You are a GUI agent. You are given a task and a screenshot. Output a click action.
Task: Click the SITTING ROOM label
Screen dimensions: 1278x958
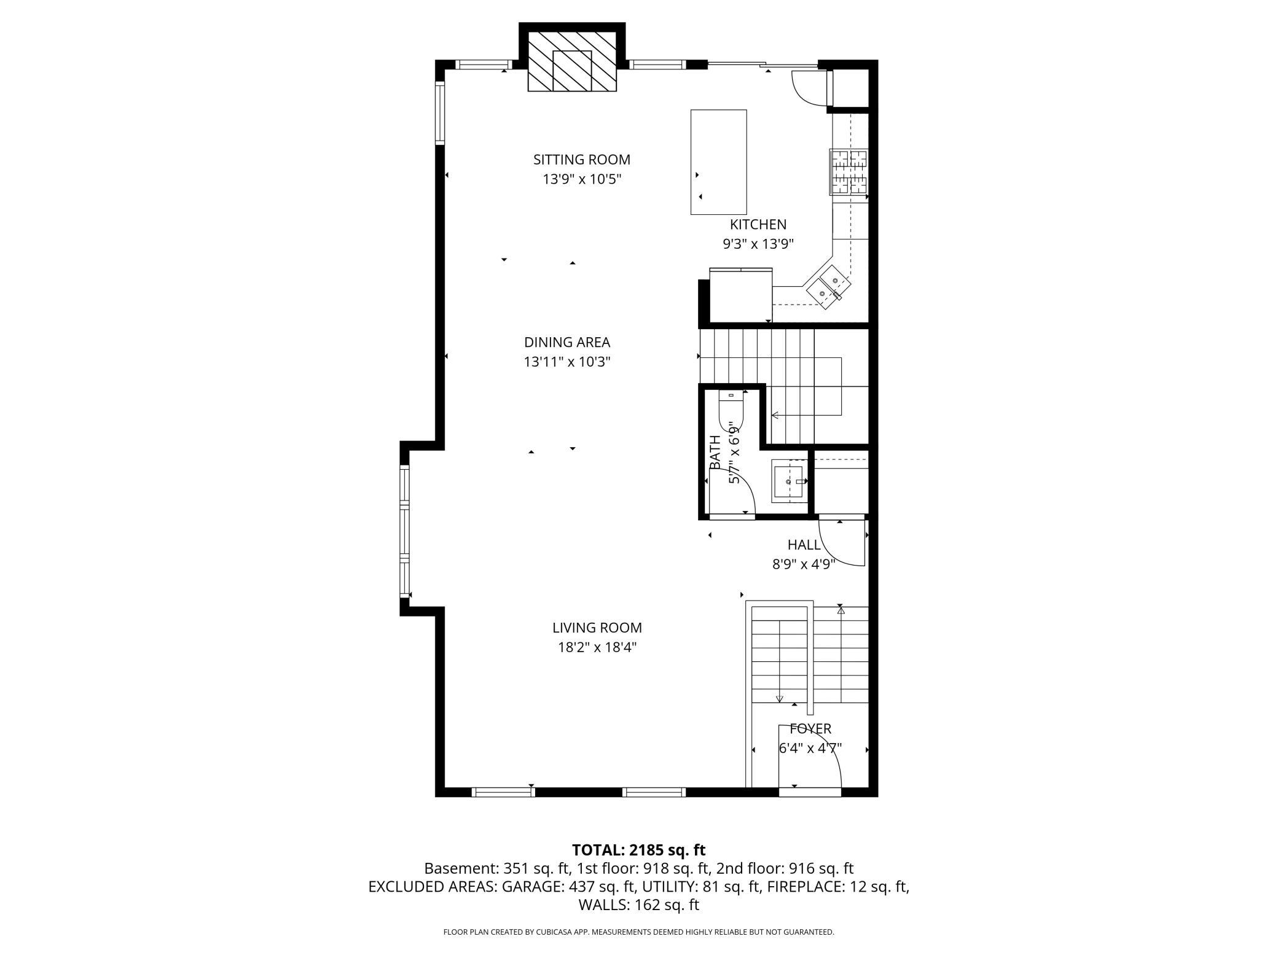581,160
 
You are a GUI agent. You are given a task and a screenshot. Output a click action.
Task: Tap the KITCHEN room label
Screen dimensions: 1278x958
758,225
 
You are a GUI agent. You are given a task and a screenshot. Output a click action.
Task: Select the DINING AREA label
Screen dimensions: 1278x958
566,343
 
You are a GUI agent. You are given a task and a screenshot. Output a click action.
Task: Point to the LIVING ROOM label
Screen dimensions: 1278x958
597,628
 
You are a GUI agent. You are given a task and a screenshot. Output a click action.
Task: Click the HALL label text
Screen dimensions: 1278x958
804,545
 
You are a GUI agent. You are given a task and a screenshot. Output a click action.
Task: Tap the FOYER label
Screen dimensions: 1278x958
810,729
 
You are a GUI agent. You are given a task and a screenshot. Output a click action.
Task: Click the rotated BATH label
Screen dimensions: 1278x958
715,452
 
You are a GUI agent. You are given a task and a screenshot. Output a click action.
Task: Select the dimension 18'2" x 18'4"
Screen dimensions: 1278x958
597,647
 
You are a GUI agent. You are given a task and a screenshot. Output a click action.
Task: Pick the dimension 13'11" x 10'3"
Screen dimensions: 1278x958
566,362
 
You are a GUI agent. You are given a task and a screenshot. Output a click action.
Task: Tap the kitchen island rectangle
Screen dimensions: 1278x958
718,162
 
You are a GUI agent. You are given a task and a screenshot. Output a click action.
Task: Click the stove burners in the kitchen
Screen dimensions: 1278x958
849,172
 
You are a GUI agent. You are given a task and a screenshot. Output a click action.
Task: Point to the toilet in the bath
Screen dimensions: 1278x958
731,410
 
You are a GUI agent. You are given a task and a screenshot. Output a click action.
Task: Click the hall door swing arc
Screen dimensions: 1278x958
842,543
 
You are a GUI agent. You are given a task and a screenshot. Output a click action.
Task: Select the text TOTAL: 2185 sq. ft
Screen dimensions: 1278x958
638,850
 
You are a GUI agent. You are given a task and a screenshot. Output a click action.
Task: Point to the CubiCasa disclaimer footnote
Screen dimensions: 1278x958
638,932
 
